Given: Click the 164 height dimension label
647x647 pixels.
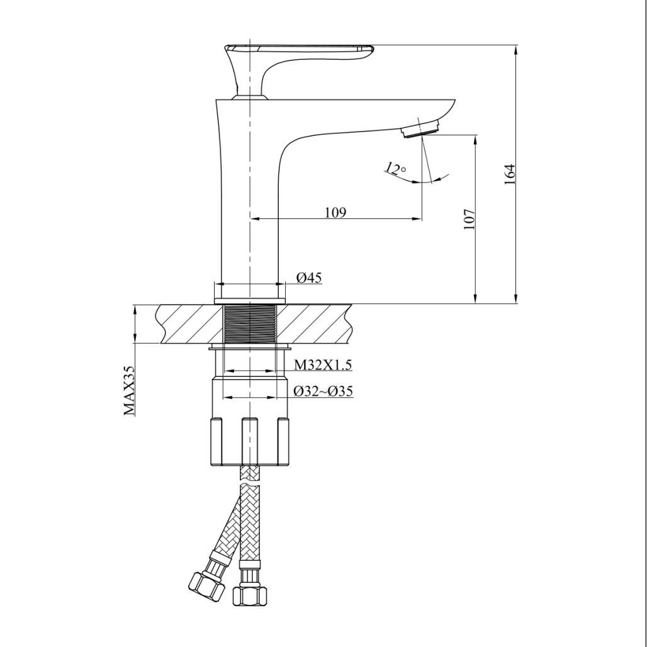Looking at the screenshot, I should pyautogui.click(x=510, y=174).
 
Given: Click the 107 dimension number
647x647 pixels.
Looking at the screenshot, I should pyautogui.click(x=470, y=219).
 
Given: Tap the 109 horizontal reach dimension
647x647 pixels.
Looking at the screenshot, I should pyautogui.click(x=335, y=213).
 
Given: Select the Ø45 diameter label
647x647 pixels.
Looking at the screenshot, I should pyautogui.click(x=308, y=278).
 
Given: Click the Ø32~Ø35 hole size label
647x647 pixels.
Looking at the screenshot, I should pyautogui.click(x=323, y=391).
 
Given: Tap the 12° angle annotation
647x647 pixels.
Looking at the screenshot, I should pyautogui.click(x=395, y=169).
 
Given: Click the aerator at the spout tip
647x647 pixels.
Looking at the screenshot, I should pyautogui.click(x=420, y=128).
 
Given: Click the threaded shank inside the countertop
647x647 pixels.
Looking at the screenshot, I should pyautogui.click(x=250, y=323).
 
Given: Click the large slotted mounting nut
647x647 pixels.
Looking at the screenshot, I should pyautogui.click(x=250, y=441).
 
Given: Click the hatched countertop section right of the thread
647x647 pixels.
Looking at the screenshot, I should pyautogui.click(x=315, y=323).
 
